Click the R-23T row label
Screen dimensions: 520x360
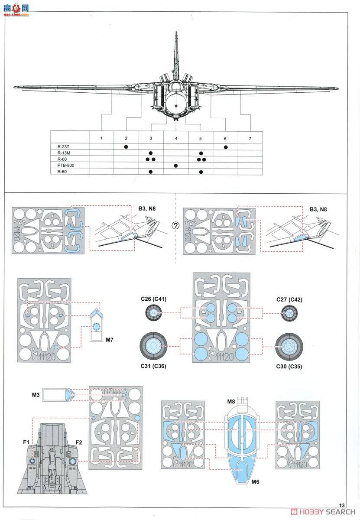click(64, 146)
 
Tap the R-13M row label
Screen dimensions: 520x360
click(64, 153)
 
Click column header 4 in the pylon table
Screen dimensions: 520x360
click(176, 138)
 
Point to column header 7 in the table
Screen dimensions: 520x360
click(250, 138)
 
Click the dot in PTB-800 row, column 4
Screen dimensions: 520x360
click(176, 166)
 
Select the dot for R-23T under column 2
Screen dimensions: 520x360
click(126, 146)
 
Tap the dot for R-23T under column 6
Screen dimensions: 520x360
click(225, 146)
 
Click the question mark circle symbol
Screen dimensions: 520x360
click(175, 226)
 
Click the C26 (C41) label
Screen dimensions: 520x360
click(153, 299)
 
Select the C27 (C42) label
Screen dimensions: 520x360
click(289, 299)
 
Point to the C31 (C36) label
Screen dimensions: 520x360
click(153, 366)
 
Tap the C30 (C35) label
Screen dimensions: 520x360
click(289, 367)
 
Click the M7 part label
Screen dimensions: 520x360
click(110, 339)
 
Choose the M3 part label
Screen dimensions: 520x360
click(36, 394)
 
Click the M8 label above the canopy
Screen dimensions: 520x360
click(231, 401)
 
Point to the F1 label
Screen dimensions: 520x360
click(26, 442)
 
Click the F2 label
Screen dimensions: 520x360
click(79, 442)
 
